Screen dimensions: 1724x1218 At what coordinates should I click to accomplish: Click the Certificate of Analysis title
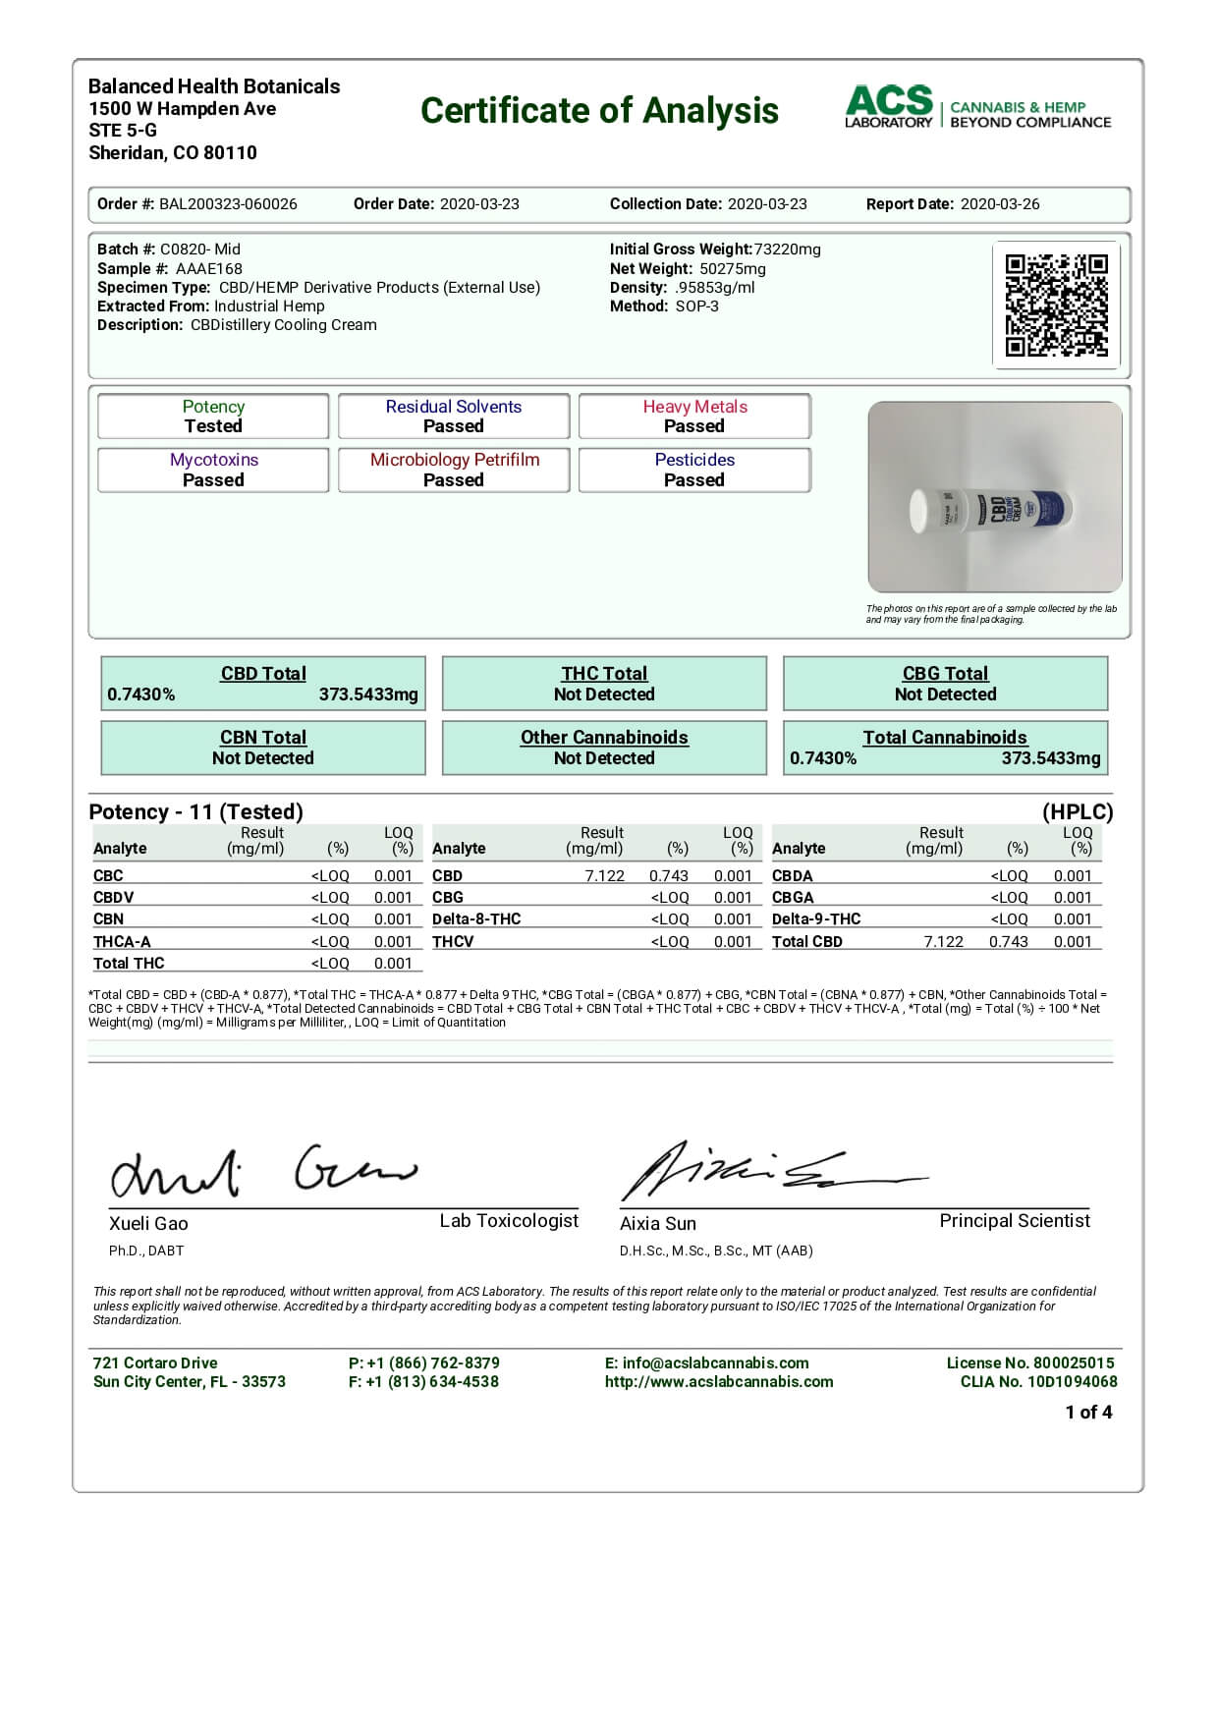click(x=599, y=111)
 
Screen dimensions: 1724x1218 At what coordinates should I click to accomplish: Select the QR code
click(x=1056, y=305)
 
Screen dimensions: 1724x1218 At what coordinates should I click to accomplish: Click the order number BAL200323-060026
click(x=228, y=204)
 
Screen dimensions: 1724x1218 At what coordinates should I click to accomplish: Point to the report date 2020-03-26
click(x=999, y=204)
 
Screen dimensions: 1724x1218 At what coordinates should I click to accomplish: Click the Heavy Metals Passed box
click(x=694, y=417)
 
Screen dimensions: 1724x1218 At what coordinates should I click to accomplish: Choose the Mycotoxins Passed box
click(x=213, y=470)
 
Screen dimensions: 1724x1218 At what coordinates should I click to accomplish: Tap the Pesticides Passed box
click(x=694, y=470)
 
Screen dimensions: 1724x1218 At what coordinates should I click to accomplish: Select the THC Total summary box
click(x=604, y=684)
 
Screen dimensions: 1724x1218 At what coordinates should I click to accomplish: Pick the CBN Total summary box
click(x=263, y=748)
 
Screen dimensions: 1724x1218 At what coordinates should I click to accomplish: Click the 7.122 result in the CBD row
click(x=604, y=876)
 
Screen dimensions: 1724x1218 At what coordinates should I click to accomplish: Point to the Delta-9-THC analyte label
click(x=816, y=919)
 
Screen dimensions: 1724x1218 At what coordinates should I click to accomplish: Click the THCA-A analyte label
click(x=122, y=941)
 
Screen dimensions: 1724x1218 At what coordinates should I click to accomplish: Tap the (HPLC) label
click(x=1078, y=812)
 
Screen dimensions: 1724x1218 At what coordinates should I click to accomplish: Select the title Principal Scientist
click(x=1015, y=1221)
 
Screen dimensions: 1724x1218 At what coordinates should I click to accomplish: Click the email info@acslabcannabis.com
click(x=715, y=1363)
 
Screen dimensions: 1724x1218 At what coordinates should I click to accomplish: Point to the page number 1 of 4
click(x=1088, y=1413)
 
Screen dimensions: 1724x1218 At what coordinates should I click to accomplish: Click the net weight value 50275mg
click(x=732, y=269)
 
